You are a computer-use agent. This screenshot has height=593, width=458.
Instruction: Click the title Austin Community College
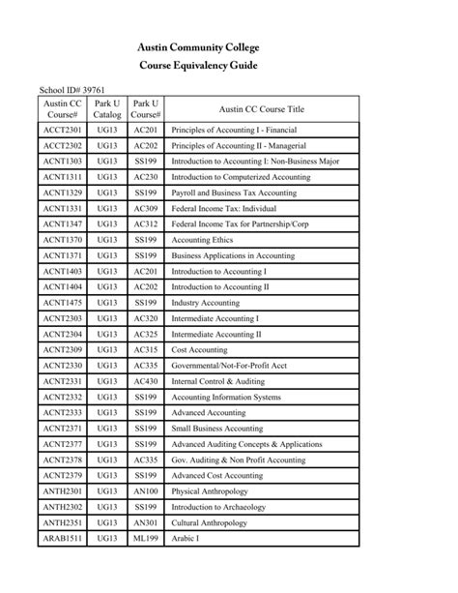click(228, 45)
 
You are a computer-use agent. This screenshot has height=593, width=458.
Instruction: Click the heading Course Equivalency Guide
click(228, 67)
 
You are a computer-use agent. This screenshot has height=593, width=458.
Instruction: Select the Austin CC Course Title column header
click(261, 109)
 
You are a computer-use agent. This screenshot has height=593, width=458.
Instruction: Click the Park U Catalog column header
click(107, 109)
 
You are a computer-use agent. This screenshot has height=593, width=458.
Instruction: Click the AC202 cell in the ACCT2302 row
click(146, 145)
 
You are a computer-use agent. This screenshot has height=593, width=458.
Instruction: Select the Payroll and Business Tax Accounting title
click(234, 193)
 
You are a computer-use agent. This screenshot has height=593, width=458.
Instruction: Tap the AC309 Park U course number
click(146, 208)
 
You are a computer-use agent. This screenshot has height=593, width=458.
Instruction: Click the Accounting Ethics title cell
click(205, 240)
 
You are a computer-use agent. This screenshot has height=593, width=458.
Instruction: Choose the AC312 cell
click(146, 223)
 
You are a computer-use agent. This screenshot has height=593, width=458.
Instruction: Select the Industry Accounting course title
click(206, 303)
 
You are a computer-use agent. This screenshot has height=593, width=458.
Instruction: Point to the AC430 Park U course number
click(146, 381)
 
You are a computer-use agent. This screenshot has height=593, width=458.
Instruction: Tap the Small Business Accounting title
click(216, 428)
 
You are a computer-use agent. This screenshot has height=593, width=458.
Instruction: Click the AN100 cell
click(146, 490)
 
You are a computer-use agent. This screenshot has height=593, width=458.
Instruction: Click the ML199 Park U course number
click(146, 538)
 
